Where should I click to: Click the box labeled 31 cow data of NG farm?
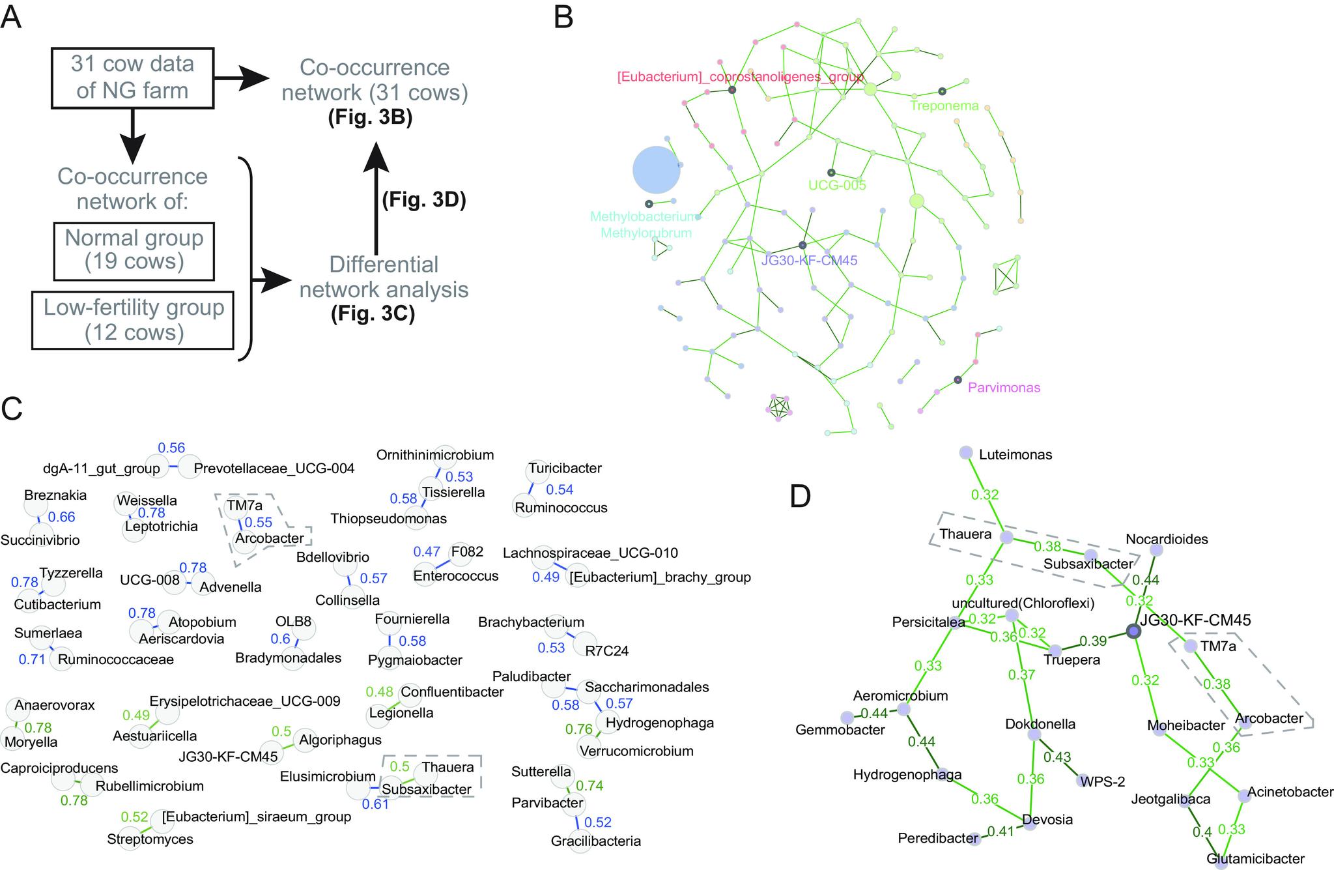132,77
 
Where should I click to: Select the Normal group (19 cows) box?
134,250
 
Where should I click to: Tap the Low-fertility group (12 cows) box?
134,320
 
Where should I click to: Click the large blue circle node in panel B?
657,170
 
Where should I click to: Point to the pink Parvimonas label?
1004,388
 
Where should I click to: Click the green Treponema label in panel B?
944,106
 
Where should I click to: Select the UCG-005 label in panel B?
837,185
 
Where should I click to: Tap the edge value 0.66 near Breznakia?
62,517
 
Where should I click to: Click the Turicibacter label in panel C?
565,468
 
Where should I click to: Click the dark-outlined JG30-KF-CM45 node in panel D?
1134,631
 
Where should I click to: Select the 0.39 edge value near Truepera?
1093,641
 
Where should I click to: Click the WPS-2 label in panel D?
1101,781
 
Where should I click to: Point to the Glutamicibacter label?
1255,859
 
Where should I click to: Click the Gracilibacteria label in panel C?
595,841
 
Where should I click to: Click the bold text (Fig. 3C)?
373,314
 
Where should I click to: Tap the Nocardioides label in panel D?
1167,539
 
